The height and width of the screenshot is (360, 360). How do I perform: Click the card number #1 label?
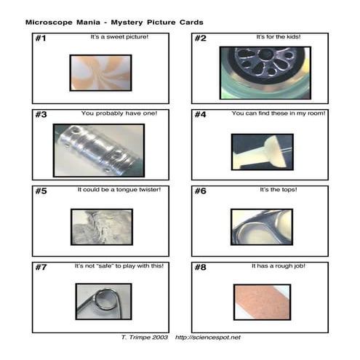pos(41,38)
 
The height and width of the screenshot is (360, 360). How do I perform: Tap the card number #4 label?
pos(200,114)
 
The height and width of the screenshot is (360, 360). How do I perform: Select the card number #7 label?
pos(41,267)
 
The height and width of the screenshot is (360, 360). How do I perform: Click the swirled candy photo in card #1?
pos(100,73)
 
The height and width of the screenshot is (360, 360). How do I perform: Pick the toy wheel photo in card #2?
pos(265,73)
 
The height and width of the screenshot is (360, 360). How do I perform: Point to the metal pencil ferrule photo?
pos(99,151)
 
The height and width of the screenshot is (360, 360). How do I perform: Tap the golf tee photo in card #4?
pos(263,152)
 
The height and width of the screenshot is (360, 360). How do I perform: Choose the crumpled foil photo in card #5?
pos(102,227)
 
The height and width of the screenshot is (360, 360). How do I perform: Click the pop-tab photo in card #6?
pos(262,227)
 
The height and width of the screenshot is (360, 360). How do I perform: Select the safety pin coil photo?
pos(104,302)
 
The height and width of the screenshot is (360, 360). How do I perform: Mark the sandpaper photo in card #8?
pos(262,303)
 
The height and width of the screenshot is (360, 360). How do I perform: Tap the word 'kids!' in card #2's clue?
pos(294,37)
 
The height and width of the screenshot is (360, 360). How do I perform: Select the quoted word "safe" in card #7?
pos(105,266)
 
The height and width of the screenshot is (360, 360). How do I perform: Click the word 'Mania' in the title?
pos(88,23)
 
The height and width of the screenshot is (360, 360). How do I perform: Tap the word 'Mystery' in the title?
pos(127,23)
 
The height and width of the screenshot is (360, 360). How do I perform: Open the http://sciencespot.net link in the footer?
pos(208,337)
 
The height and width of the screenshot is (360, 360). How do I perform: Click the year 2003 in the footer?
pos(160,337)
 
